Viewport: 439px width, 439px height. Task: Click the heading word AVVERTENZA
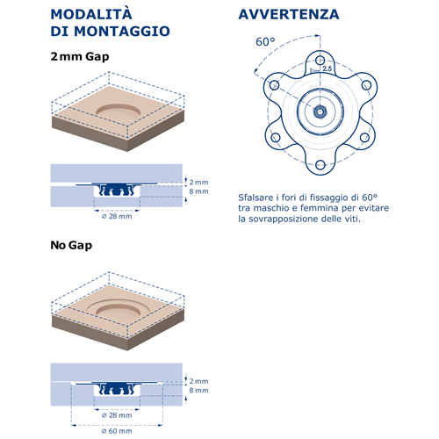click(x=289, y=14)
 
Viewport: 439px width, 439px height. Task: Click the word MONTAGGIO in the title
click(x=122, y=32)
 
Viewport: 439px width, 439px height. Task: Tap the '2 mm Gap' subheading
click(x=80, y=56)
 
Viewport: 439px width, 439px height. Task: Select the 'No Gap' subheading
click(x=71, y=245)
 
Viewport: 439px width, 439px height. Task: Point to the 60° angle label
click(x=265, y=42)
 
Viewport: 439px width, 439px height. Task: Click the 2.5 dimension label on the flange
click(x=327, y=68)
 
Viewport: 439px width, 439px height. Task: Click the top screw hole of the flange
click(x=320, y=61)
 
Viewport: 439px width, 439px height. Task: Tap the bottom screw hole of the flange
click(x=320, y=164)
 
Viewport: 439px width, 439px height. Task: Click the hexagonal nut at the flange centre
click(x=320, y=112)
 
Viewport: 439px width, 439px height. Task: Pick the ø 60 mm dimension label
click(x=117, y=431)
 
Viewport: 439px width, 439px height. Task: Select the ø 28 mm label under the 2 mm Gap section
click(x=117, y=216)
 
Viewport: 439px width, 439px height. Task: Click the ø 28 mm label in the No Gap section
click(x=117, y=415)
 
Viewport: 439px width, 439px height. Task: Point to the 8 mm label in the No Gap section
click(x=198, y=391)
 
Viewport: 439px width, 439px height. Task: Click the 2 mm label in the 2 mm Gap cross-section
click(x=198, y=182)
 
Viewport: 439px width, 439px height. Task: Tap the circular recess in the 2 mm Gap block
click(x=119, y=111)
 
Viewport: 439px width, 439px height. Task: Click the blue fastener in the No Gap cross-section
click(x=117, y=388)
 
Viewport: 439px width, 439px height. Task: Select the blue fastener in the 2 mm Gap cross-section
click(x=117, y=189)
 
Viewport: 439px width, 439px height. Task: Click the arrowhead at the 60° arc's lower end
click(x=255, y=70)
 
